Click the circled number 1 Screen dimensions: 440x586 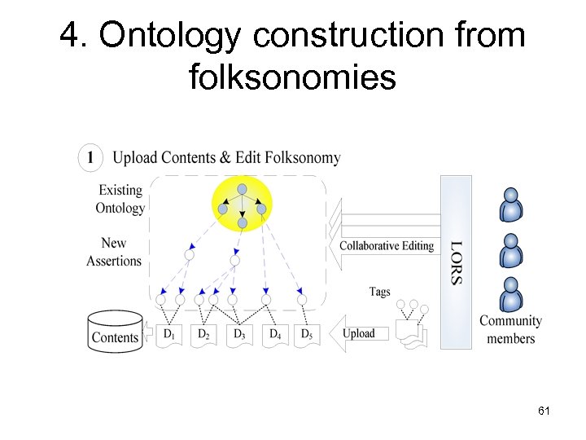[x=90, y=157]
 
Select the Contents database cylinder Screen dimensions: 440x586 [x=115, y=332]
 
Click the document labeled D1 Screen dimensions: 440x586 [x=169, y=334]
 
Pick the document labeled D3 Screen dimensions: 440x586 [x=239, y=334]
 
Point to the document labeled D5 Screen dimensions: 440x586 [x=306, y=334]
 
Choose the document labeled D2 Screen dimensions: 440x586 [x=203, y=334]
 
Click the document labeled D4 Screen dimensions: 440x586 [x=275, y=334]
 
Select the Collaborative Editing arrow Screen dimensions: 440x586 [x=383, y=245]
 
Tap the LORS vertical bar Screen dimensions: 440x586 [x=456, y=262]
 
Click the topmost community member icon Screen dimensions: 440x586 [x=510, y=205]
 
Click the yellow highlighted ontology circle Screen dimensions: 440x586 [x=242, y=206]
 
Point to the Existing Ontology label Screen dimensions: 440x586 [x=120, y=199]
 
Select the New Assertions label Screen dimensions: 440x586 [x=114, y=252]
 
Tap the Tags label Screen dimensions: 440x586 [x=379, y=291]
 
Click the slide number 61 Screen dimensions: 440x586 [x=544, y=412]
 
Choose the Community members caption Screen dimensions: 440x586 [x=510, y=330]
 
